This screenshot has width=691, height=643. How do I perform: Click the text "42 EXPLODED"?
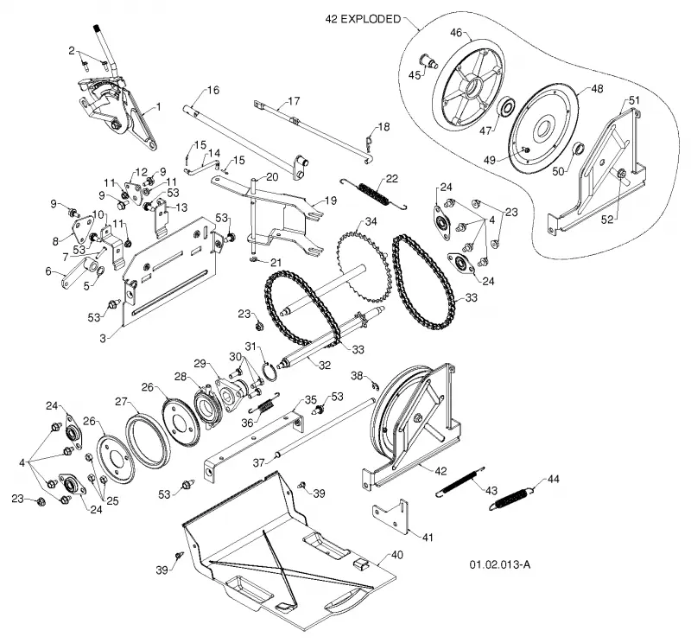click(363, 19)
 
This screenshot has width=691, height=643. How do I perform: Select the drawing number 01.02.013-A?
click(500, 564)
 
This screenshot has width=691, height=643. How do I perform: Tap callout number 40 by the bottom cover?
click(396, 555)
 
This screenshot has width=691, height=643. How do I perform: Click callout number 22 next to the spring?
click(391, 179)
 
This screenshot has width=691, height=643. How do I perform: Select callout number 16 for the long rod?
click(212, 91)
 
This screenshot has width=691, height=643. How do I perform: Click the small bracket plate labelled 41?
click(391, 516)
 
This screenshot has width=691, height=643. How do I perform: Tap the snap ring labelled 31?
click(271, 370)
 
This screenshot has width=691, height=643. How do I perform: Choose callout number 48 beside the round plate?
click(597, 89)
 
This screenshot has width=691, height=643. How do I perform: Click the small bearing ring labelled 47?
click(507, 108)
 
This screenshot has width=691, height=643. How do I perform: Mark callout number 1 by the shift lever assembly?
click(159, 106)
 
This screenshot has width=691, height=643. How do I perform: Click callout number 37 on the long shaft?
click(258, 462)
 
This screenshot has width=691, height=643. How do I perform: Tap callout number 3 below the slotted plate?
click(103, 338)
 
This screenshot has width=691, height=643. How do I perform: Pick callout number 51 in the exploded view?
click(634, 100)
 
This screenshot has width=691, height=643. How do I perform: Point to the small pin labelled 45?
click(428, 60)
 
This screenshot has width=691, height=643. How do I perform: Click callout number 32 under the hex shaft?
click(325, 366)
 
